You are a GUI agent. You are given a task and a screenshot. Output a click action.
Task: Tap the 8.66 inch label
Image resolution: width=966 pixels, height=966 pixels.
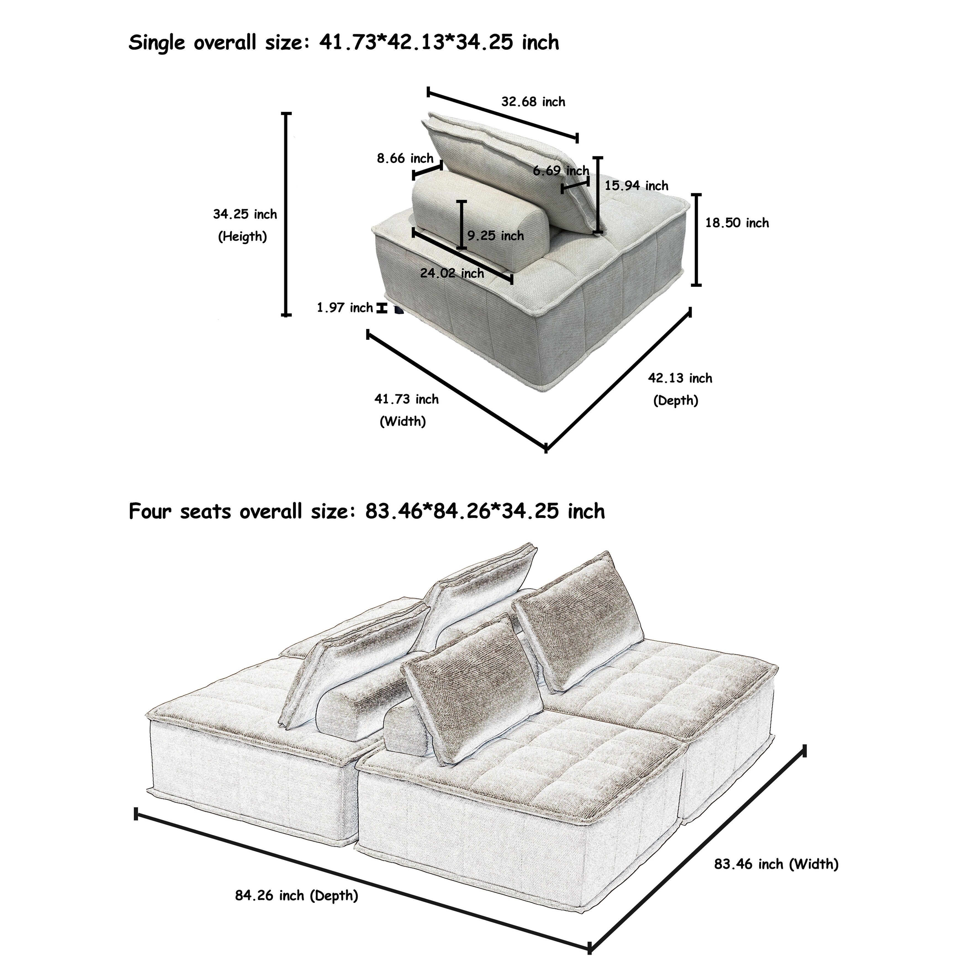click(405, 158)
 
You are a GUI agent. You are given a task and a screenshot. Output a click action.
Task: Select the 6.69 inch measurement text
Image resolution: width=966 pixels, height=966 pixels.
click(561, 171)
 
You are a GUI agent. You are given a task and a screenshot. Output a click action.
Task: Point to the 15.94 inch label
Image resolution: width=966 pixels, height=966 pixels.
click(636, 186)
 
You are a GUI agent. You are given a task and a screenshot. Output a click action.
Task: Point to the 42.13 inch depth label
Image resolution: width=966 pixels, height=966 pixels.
click(680, 378)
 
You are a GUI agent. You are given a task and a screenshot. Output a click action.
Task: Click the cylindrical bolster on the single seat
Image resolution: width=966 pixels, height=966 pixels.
click(480, 217)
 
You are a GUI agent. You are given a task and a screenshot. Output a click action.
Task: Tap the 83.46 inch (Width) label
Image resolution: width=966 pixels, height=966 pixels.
click(776, 864)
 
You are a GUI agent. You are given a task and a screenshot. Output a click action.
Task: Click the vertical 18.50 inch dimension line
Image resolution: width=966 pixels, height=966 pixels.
click(696, 240)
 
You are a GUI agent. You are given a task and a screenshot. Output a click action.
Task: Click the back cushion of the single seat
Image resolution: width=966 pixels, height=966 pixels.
click(510, 165)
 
